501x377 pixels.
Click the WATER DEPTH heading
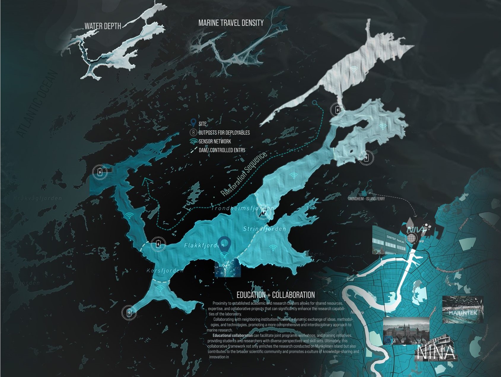point(103,26)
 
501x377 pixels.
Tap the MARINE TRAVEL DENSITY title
point(231,23)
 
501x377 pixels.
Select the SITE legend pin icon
point(193,123)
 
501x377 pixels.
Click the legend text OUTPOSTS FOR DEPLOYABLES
point(224,133)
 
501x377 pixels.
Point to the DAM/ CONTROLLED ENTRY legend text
point(222,150)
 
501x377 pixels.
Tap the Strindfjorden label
point(265,229)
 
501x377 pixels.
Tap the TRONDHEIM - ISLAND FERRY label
point(366,199)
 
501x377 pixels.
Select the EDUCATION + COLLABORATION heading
point(276,295)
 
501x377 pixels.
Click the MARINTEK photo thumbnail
point(463,309)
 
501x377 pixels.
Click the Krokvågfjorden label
point(37,198)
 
